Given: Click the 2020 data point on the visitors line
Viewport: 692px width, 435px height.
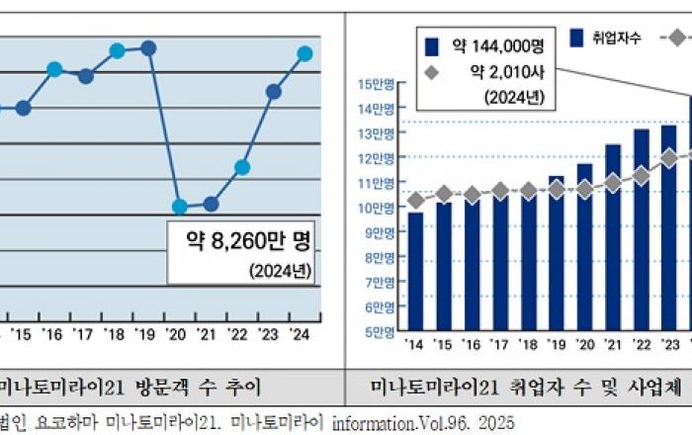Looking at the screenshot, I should [x=179, y=207].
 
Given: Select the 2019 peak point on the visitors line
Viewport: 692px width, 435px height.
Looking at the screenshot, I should [x=148, y=47].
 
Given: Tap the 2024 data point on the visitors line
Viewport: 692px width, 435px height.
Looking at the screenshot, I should [x=304, y=53].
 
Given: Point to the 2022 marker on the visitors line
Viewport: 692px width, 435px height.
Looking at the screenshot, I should [x=242, y=167].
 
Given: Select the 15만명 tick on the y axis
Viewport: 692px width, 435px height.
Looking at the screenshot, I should [x=381, y=83].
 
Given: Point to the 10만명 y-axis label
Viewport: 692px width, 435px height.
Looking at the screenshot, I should [x=381, y=208].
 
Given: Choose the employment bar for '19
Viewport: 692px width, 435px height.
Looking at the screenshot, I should [x=557, y=252].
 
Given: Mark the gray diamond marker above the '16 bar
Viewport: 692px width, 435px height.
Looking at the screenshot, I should [x=473, y=195].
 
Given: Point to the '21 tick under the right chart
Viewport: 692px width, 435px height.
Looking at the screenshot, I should [x=613, y=345].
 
